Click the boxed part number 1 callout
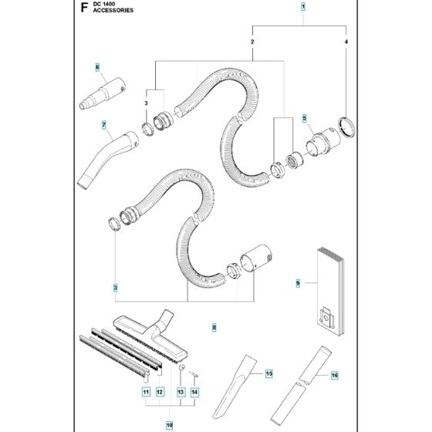click(x=303, y=7)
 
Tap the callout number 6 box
click(x=98, y=67)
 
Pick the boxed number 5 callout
click(x=305, y=119)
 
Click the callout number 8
click(x=214, y=328)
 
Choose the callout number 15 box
click(x=269, y=374)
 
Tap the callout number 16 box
click(x=335, y=376)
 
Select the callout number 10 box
click(x=169, y=424)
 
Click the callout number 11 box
click(x=144, y=393)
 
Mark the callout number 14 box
click(x=194, y=393)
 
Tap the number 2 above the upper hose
click(x=252, y=39)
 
